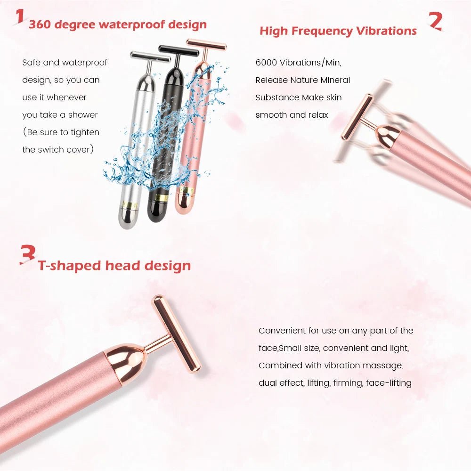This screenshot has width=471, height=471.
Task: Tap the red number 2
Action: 436,21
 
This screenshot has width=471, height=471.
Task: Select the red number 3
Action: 28,255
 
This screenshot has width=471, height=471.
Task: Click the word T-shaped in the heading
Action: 69,266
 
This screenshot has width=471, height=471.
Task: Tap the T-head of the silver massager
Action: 150,57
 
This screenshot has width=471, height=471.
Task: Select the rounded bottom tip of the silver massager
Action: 126,220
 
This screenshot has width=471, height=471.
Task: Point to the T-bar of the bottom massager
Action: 176,333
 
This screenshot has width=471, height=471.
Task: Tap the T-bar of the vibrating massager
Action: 357,117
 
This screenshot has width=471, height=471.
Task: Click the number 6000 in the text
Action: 266,63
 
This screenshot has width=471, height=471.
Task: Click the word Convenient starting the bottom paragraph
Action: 282,331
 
